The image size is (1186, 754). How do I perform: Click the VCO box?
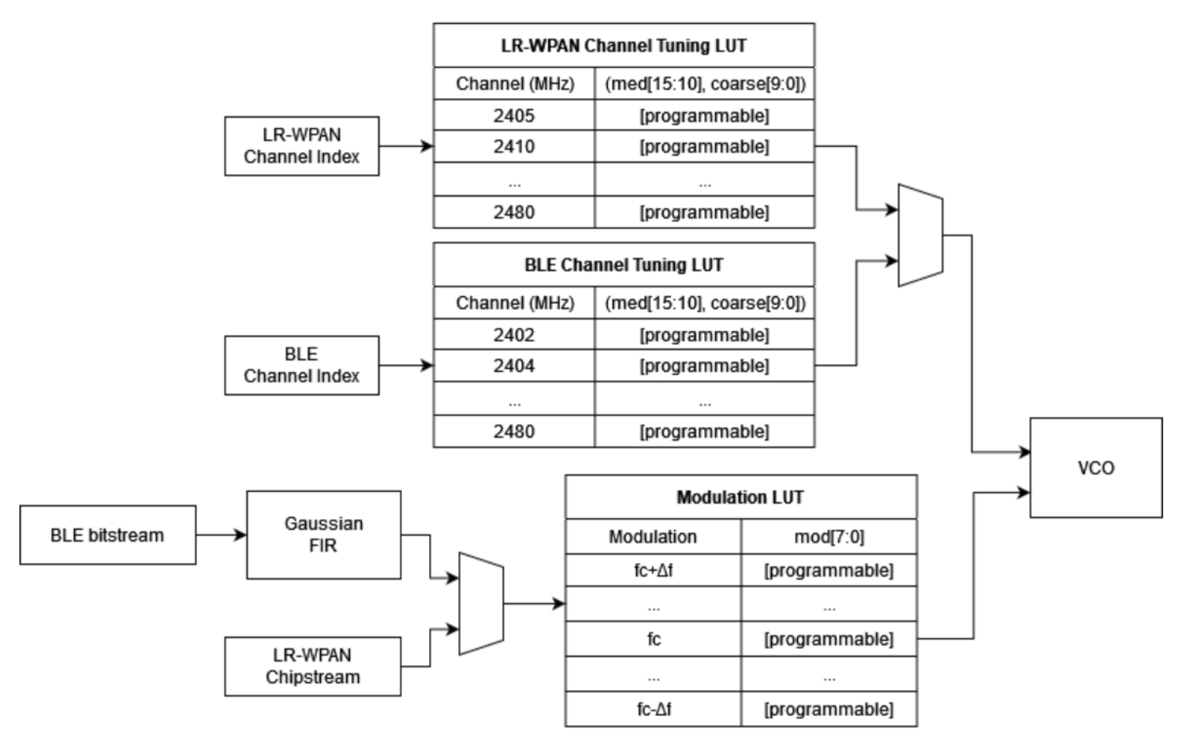coord(1096,468)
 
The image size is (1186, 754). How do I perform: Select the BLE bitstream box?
coord(107,535)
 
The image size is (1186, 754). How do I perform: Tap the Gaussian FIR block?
coord(323,534)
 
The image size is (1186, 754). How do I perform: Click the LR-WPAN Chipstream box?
coord(312,666)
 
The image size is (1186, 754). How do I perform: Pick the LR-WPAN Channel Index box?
coord(302,145)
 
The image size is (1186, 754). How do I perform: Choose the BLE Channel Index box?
coord(302,365)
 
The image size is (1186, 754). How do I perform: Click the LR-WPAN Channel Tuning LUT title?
coord(623,45)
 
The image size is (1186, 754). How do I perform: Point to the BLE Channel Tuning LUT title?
coord(623,264)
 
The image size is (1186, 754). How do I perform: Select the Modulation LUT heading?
coord(740,497)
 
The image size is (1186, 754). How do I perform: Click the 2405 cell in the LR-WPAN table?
coord(514,115)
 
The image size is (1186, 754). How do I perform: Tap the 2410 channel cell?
coord(514,146)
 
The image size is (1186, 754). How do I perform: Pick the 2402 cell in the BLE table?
coord(514,335)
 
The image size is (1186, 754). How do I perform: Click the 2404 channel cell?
coord(514,366)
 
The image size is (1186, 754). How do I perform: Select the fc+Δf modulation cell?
coord(653,571)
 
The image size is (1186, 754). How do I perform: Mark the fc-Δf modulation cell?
coord(653,709)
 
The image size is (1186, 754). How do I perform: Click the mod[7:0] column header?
coord(829,537)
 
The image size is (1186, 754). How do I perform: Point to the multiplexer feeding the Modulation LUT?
coord(481,603)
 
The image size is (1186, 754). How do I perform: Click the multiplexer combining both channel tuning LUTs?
coord(920,235)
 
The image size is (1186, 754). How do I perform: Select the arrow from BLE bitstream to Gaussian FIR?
coord(221,534)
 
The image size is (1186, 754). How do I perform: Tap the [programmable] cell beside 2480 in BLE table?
coord(704,432)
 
